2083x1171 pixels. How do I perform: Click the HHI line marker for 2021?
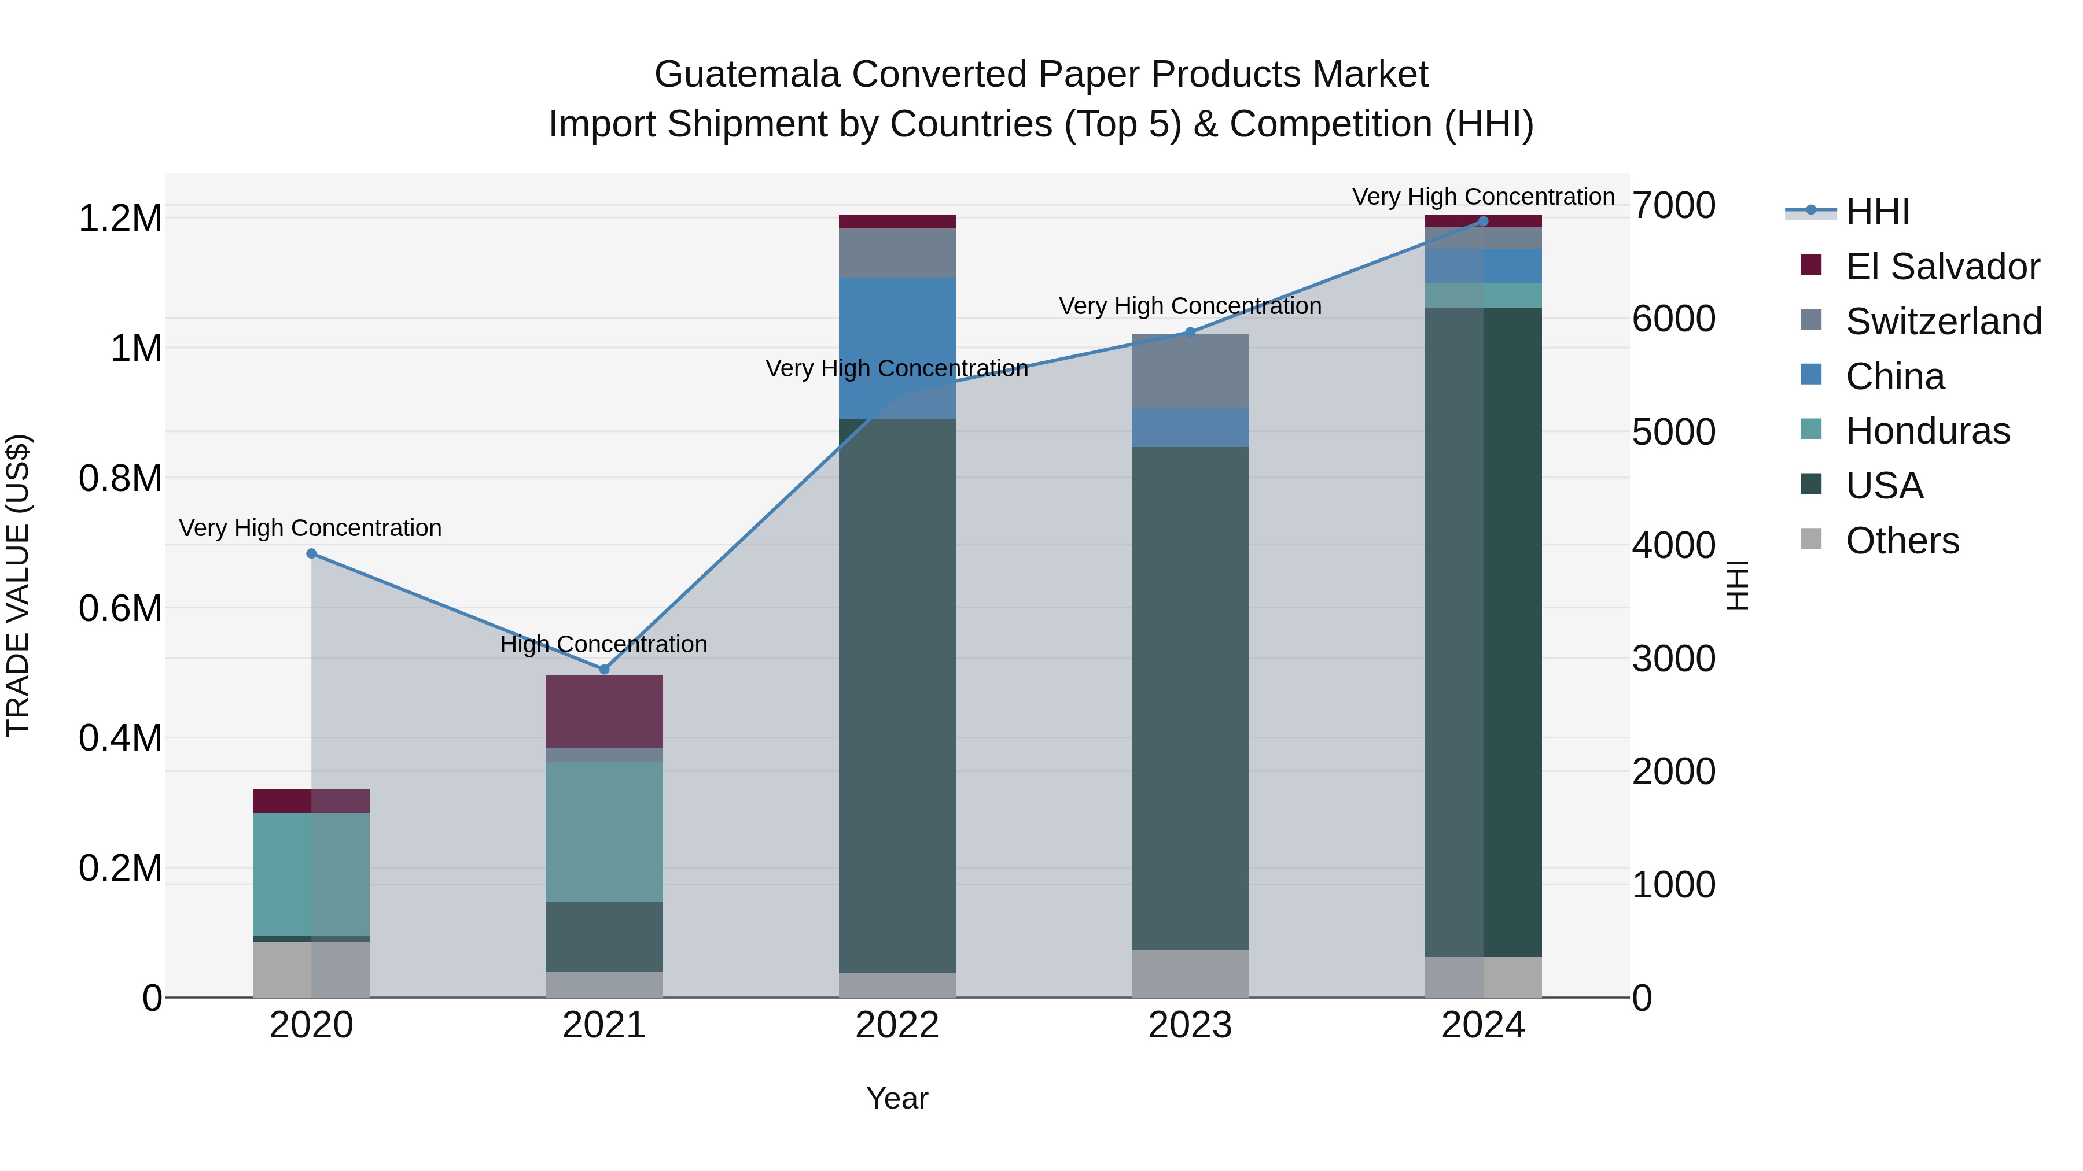[x=604, y=669]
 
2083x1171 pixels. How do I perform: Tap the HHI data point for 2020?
[x=311, y=553]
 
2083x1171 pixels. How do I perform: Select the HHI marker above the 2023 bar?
[x=1190, y=332]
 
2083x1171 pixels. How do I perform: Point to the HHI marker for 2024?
[x=1483, y=221]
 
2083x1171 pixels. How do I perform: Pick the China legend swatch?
[x=1811, y=375]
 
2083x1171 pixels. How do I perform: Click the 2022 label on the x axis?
[x=897, y=1025]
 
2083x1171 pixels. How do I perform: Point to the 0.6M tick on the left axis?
[x=120, y=608]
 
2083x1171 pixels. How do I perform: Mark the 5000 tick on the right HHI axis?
[x=1673, y=433]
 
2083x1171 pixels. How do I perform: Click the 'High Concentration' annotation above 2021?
[x=603, y=644]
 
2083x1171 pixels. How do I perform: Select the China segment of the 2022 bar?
[x=897, y=348]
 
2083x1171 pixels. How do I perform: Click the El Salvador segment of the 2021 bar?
[x=604, y=711]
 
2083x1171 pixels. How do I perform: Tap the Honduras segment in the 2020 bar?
[x=311, y=874]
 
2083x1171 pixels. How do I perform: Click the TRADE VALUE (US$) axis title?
[x=18, y=585]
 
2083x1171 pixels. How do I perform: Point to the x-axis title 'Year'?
[x=897, y=1098]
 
